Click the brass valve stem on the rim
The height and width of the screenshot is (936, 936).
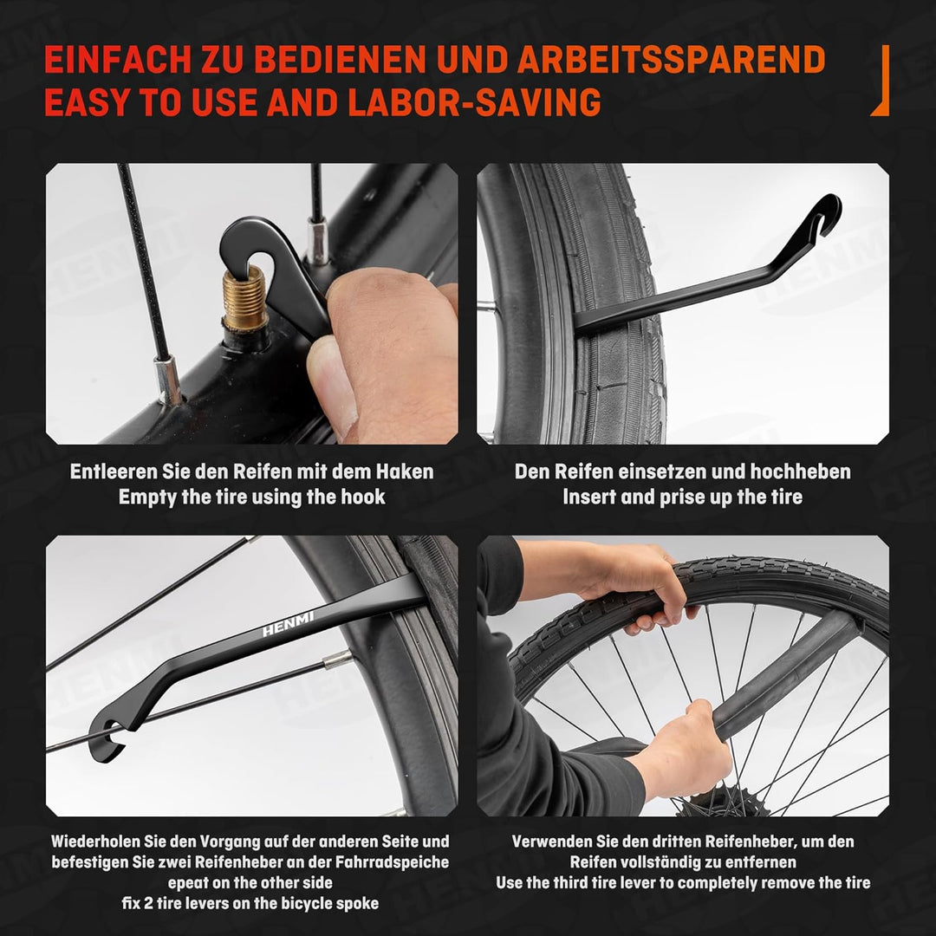pos(244,299)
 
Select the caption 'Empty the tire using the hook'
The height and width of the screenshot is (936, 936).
pos(251,497)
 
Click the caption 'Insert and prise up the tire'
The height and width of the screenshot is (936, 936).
pos(682,497)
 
